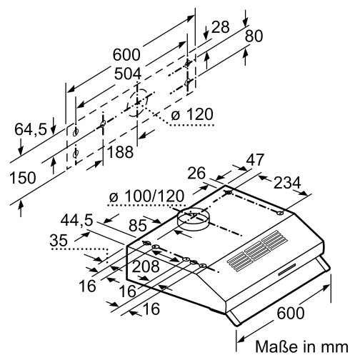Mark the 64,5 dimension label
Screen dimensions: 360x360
[x=31, y=129]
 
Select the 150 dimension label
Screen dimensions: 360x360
[x=25, y=179]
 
